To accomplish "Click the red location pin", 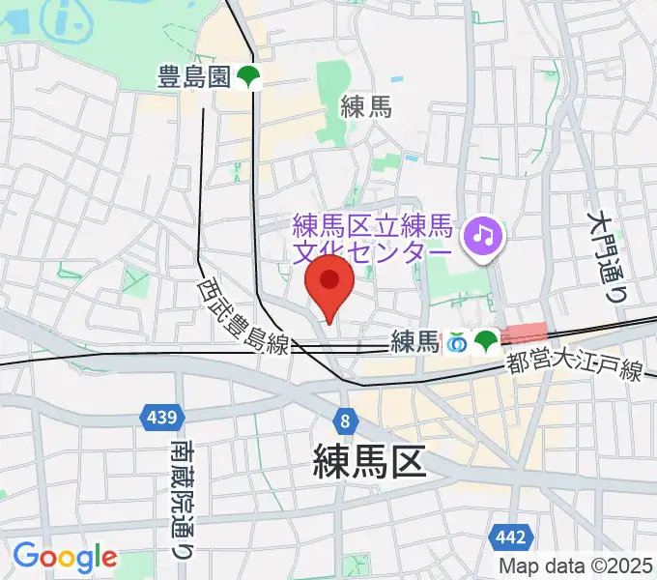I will [329, 283].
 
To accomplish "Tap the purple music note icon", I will [479, 235].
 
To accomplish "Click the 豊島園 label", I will [193, 78].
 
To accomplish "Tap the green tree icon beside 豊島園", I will [248, 78].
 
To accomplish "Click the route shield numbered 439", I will [158, 418].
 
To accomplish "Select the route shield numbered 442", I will [509, 537].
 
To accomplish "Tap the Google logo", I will [65, 556].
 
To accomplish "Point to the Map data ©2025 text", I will [574, 565].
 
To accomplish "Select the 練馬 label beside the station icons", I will [414, 341].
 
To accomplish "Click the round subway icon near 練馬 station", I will [456, 341].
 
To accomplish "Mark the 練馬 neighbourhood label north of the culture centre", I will [366, 108].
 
